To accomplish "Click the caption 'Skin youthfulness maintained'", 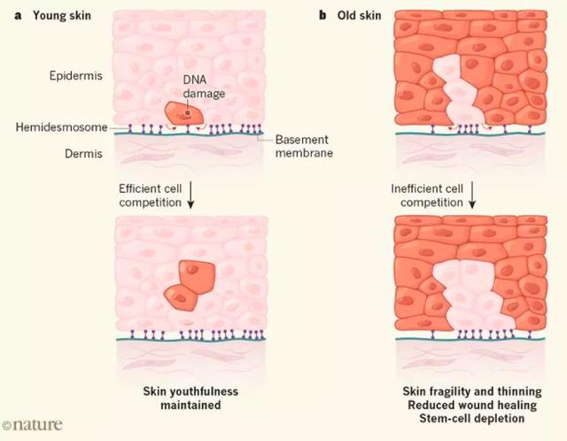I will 192,398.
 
